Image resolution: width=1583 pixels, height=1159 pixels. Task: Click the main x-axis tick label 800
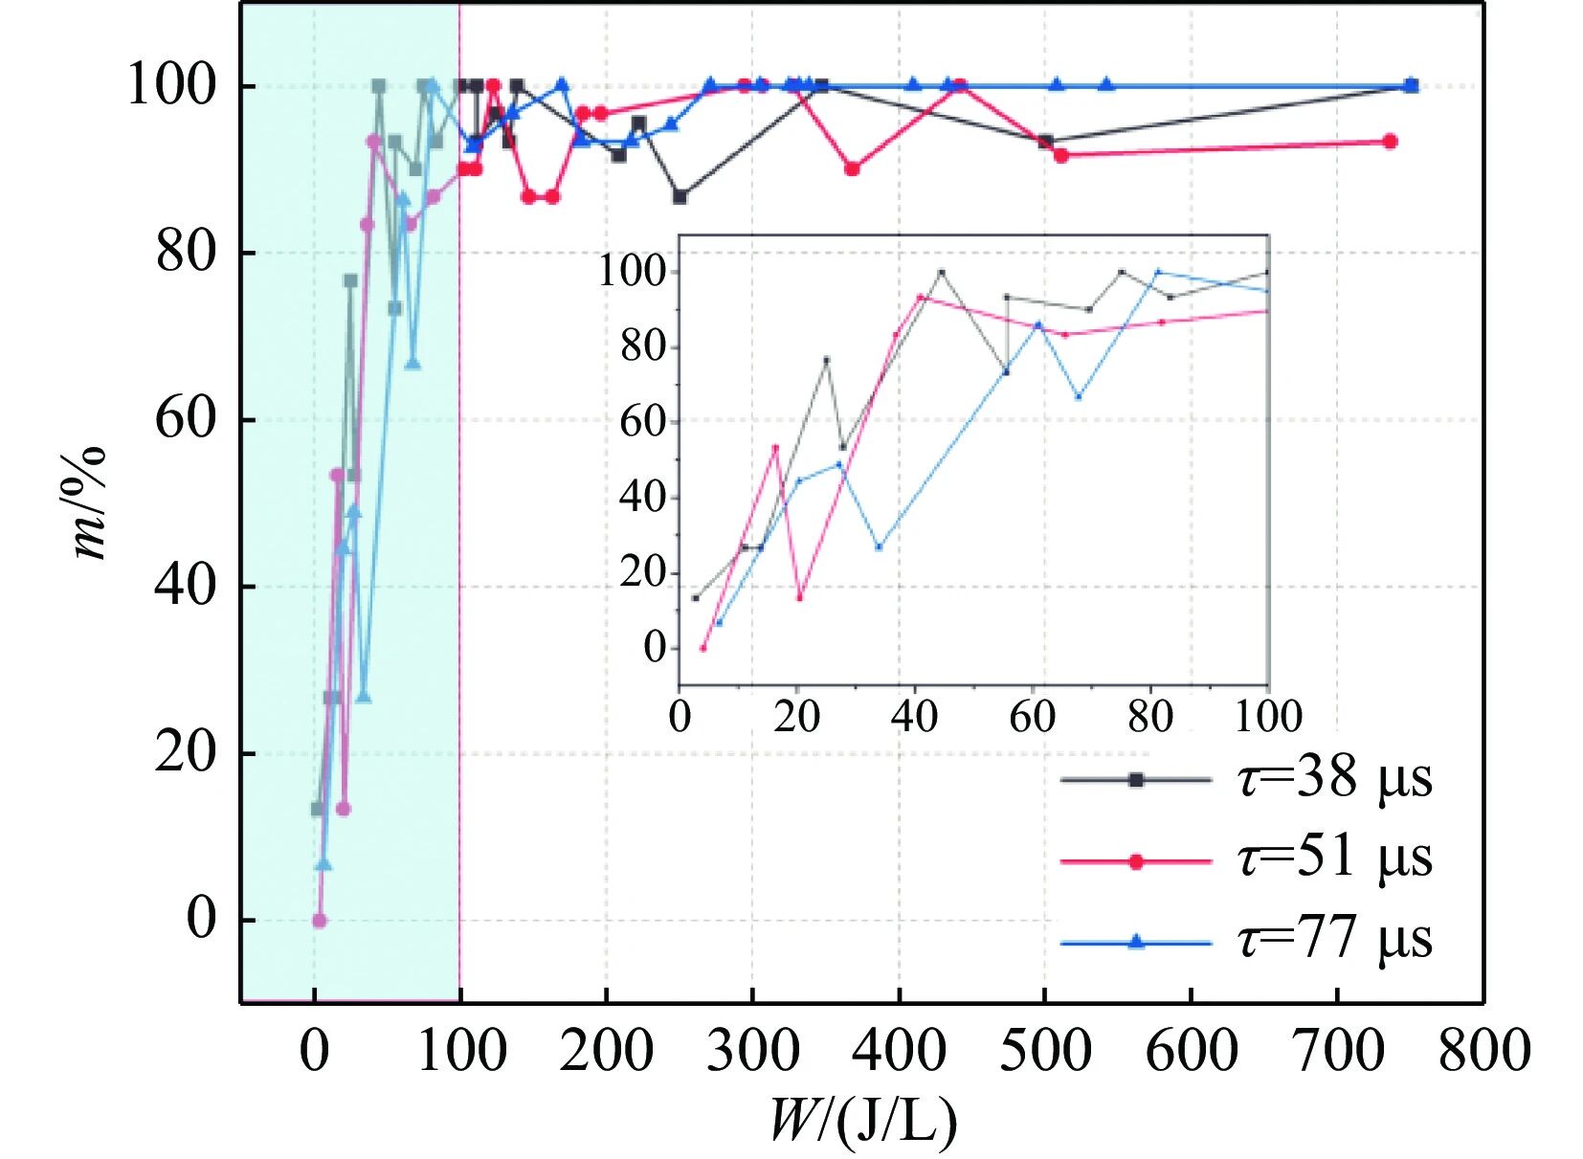click(1484, 1052)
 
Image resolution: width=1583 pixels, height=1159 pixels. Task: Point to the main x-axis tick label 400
click(900, 1052)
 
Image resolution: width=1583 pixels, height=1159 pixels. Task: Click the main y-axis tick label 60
click(186, 420)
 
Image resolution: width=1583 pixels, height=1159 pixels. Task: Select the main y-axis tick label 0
click(202, 920)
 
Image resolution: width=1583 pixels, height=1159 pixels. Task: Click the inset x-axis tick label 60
click(1033, 717)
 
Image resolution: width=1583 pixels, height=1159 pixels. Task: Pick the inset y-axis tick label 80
click(643, 346)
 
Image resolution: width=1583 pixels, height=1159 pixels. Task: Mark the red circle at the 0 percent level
click(320, 921)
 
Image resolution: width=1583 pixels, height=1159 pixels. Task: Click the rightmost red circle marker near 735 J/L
click(1391, 142)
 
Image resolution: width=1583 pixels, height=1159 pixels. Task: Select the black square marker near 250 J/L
click(680, 197)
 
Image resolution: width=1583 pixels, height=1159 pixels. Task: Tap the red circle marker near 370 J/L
click(853, 169)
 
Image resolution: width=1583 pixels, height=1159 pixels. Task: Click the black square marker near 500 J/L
click(1046, 142)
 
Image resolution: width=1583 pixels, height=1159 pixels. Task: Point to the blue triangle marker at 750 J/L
click(1412, 84)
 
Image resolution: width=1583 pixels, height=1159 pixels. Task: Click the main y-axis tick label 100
click(171, 86)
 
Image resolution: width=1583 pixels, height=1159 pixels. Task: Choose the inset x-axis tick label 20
click(797, 717)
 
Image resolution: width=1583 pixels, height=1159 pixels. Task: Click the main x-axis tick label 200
click(607, 1052)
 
